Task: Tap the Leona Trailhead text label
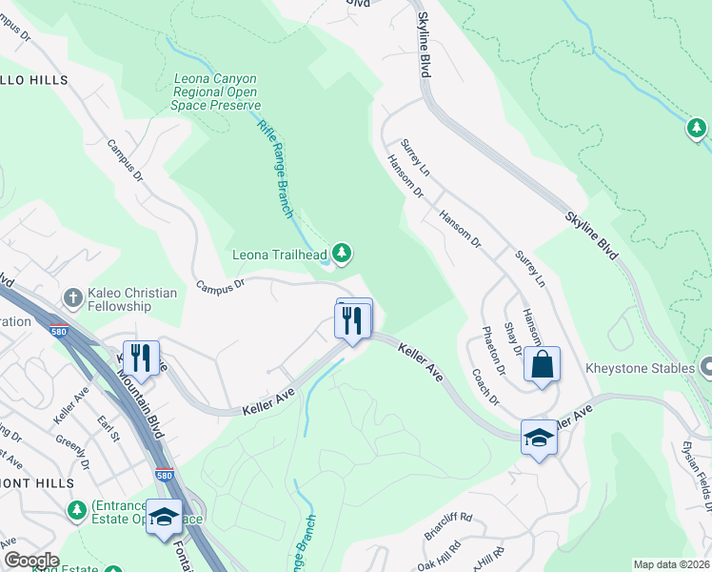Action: click(x=281, y=255)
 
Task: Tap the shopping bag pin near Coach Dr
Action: click(x=542, y=365)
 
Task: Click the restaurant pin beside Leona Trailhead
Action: click(x=354, y=320)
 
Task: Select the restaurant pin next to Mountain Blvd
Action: click(x=141, y=358)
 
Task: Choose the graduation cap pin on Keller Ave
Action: click(x=540, y=438)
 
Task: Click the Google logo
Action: click(x=30, y=561)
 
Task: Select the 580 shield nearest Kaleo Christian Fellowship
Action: click(x=59, y=329)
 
